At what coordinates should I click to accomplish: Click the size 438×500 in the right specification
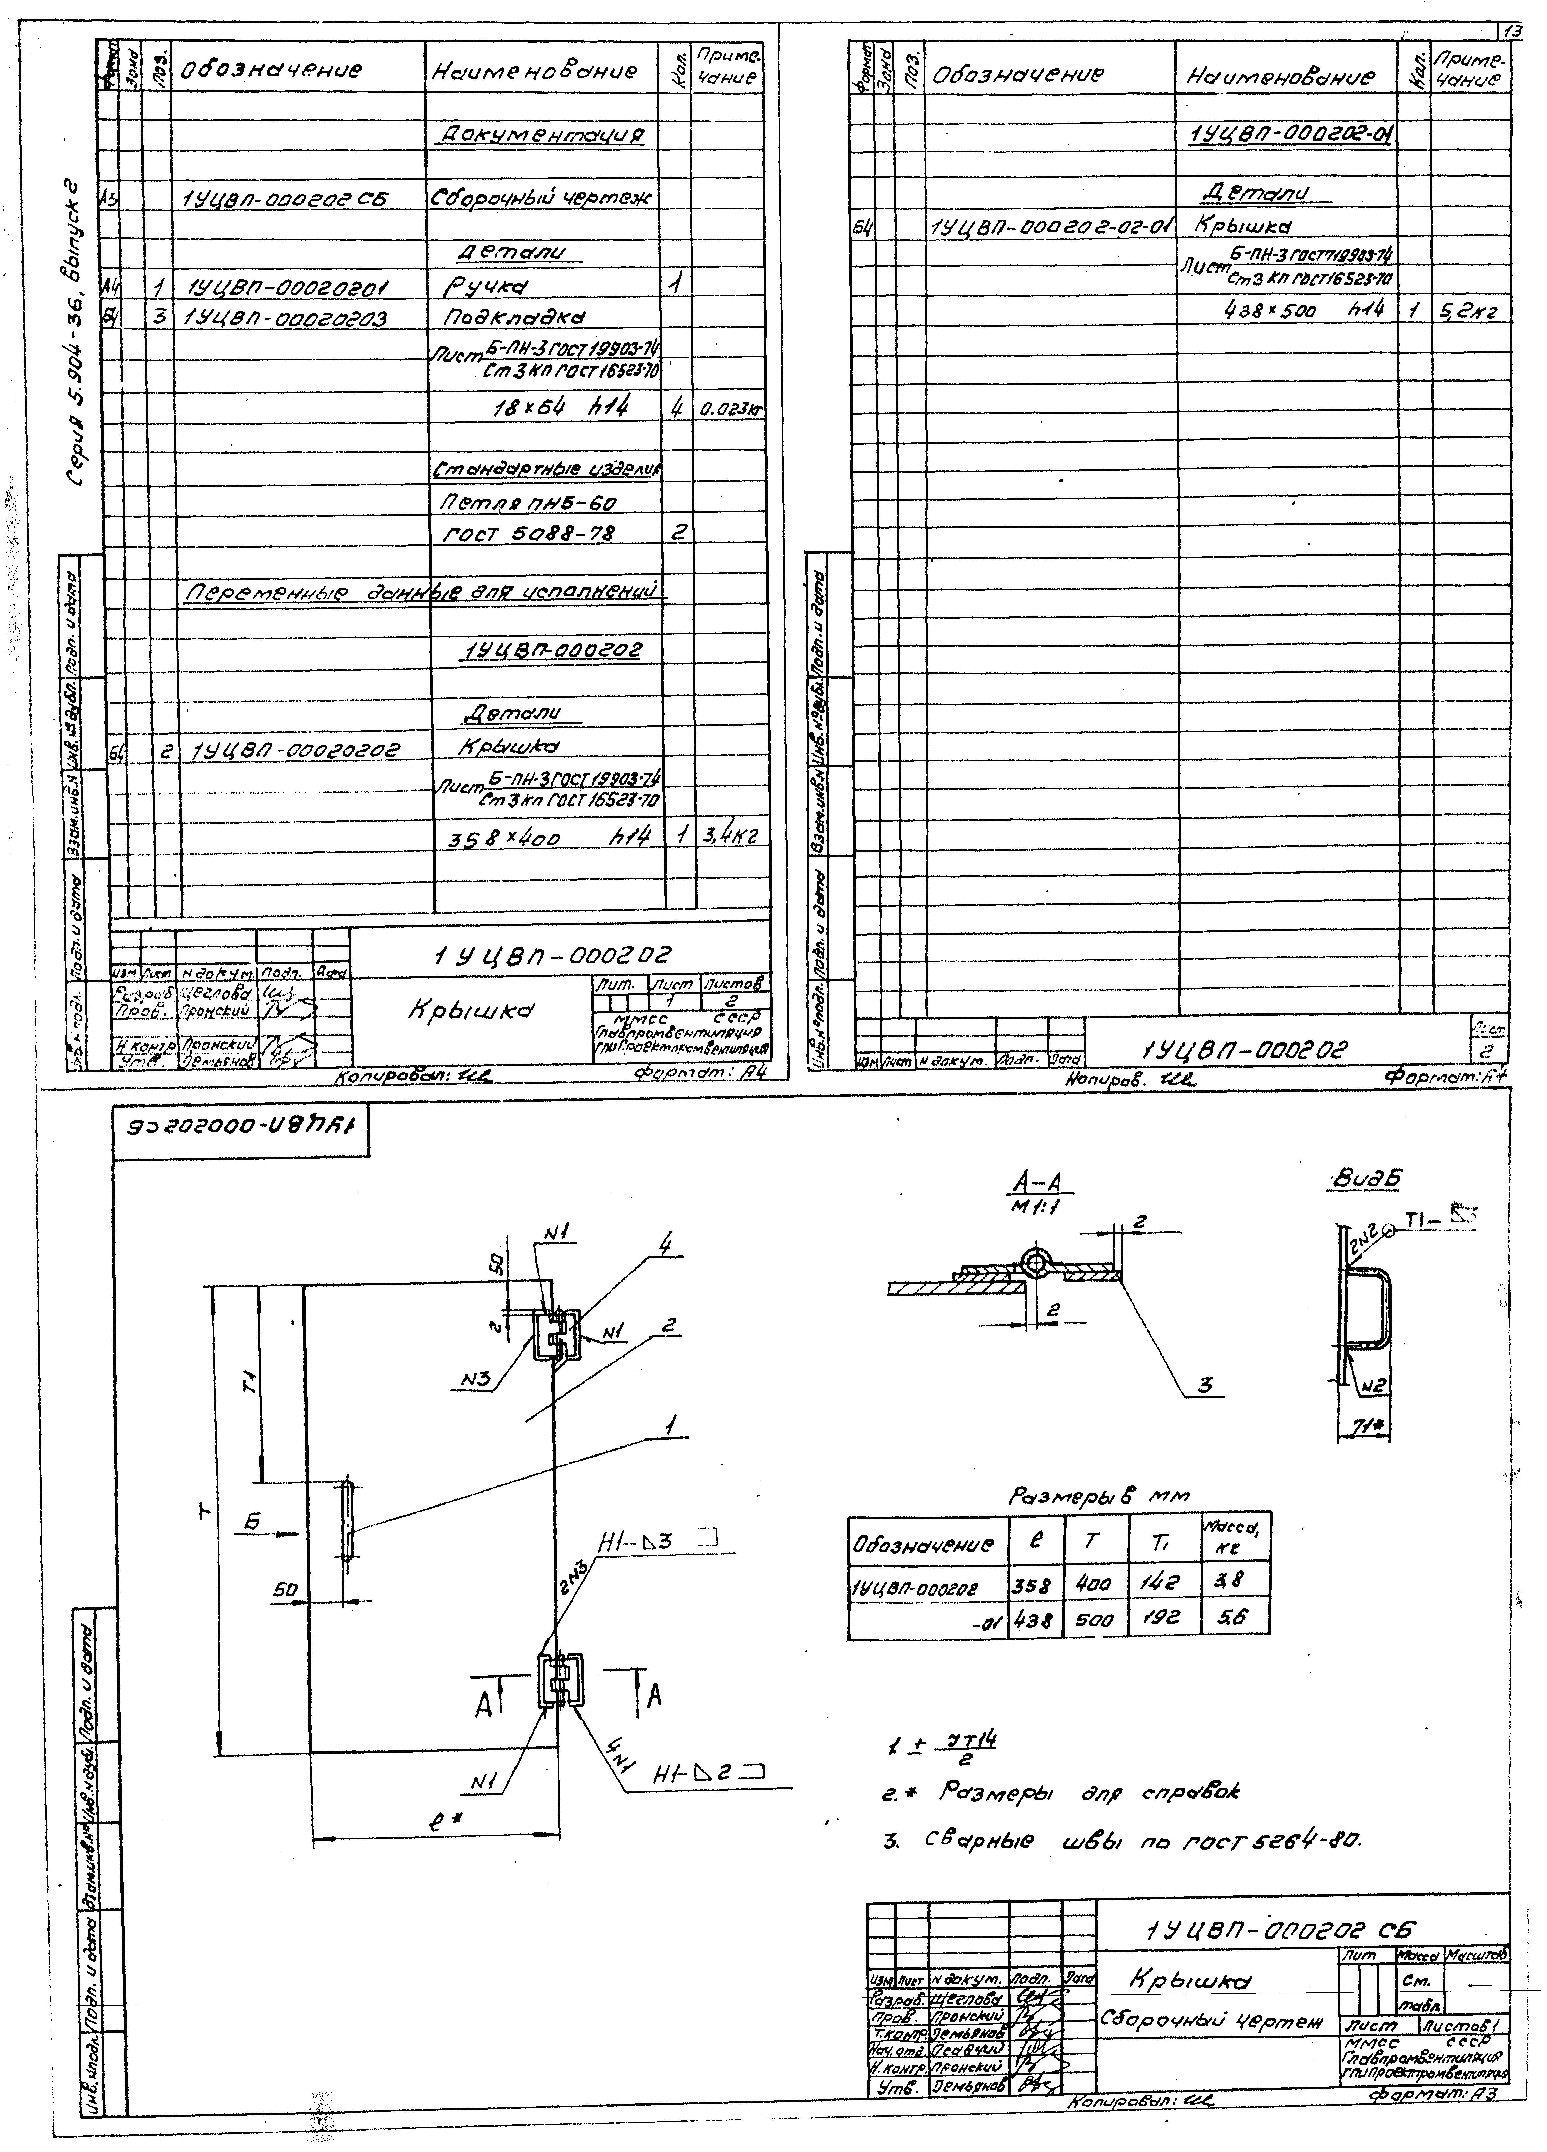click(x=1272, y=311)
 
